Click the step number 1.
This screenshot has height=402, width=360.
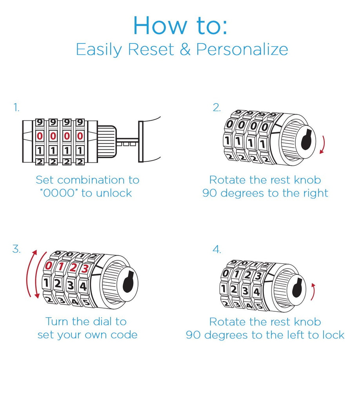(x=16, y=108)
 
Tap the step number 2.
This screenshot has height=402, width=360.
(x=216, y=108)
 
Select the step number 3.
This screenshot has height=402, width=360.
(x=16, y=249)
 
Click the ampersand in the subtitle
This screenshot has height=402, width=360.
(x=185, y=49)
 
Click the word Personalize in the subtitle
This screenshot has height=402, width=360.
(x=242, y=50)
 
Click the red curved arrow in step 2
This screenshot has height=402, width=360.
(x=322, y=144)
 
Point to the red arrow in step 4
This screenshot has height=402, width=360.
(x=313, y=291)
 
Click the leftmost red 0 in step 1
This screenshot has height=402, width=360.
(x=40, y=136)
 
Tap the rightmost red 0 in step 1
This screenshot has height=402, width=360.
(x=80, y=136)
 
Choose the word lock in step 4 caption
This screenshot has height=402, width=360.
(x=333, y=335)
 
